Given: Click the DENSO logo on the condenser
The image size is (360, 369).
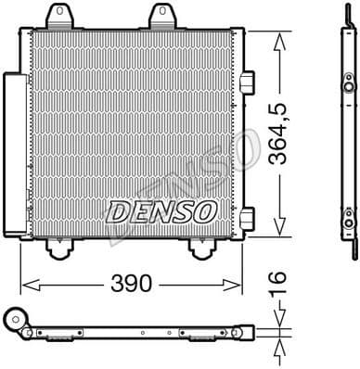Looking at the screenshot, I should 161,212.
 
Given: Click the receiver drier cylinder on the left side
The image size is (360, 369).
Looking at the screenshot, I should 15,153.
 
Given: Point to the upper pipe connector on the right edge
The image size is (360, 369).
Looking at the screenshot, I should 247,83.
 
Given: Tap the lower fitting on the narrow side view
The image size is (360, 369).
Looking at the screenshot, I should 348,220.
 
